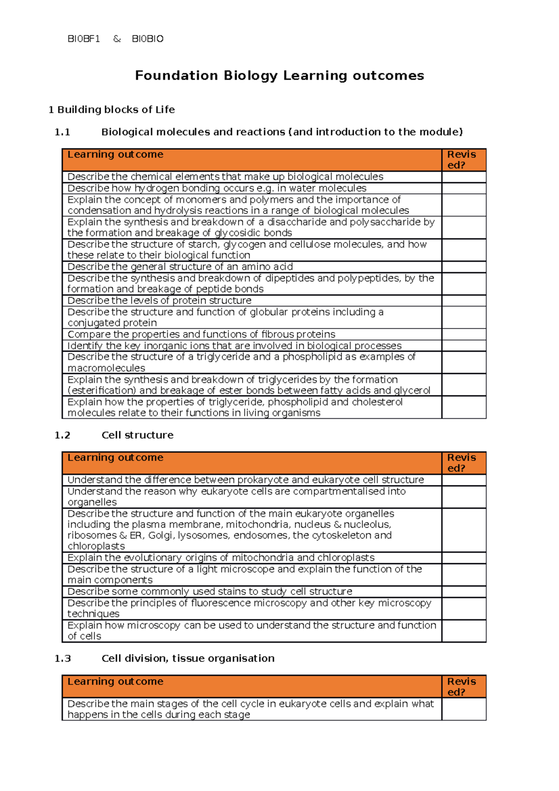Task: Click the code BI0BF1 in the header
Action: point(84,39)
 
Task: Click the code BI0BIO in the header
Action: point(148,39)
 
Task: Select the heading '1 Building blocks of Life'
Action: point(112,110)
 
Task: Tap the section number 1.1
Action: point(62,132)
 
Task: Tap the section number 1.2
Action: point(62,435)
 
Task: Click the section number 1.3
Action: point(62,658)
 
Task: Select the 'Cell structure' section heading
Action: point(137,435)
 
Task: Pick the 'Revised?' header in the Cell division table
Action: point(462,687)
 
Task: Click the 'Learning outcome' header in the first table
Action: point(116,155)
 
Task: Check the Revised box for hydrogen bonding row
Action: point(464,188)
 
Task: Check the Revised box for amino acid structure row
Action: point(464,267)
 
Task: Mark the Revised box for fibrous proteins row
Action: point(464,334)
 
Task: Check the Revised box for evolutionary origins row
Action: point(464,558)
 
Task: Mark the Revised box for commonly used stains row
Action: point(464,592)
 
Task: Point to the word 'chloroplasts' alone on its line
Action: point(96,546)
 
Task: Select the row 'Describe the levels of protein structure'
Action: point(159,300)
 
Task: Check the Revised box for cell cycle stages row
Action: point(464,709)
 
